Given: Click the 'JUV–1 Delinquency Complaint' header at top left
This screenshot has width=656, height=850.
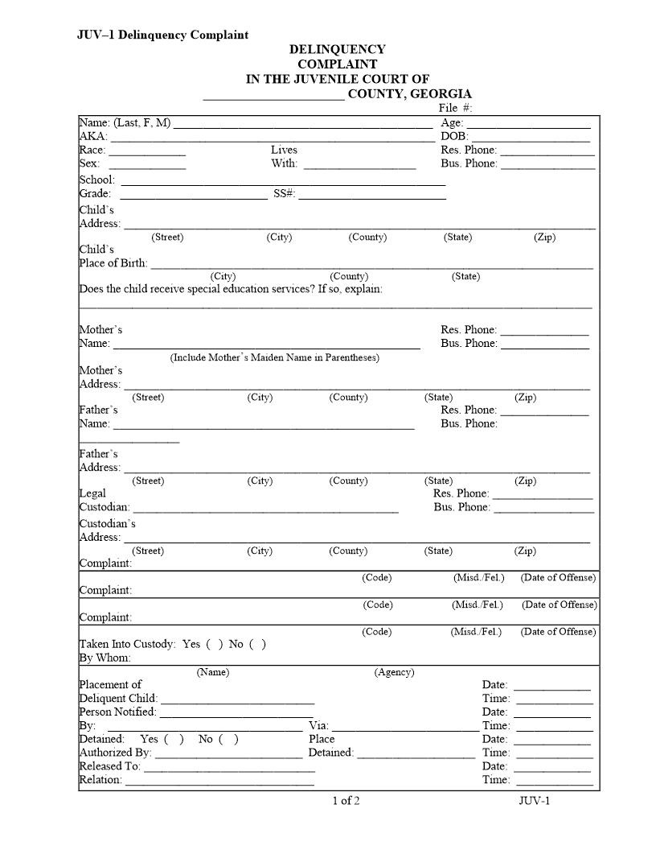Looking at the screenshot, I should pos(162,35).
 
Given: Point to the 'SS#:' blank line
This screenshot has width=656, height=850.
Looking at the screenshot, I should pos(372,196).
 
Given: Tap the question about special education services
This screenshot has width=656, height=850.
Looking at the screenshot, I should pos(231,289).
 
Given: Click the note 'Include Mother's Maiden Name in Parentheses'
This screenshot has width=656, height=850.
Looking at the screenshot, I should pos(274,357).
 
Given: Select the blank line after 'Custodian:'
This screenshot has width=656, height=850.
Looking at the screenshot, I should pos(265,510).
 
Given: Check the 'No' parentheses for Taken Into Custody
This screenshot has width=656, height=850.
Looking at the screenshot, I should pos(257,644).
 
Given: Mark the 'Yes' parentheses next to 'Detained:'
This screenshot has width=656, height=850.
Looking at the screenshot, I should pos(174,739).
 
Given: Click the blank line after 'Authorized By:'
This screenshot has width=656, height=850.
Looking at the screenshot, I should pos(228,756).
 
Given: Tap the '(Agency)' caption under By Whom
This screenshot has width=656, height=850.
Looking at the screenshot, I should pos(394,673).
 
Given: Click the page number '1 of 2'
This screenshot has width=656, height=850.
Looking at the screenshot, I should pos(346,800).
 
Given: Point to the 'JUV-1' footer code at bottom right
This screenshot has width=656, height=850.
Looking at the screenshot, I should pos(535,800).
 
